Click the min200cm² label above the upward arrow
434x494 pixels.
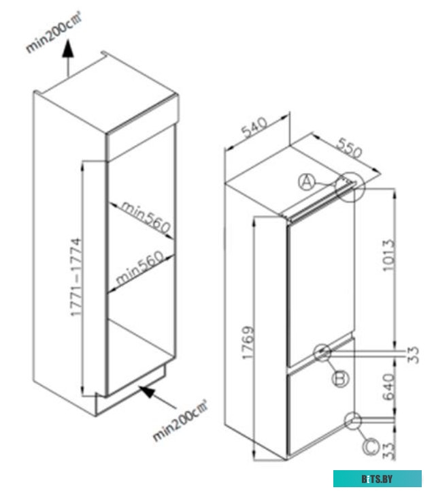(54, 32)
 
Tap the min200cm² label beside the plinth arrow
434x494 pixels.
(180, 420)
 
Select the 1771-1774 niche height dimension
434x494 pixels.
(76, 277)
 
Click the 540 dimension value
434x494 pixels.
(254, 127)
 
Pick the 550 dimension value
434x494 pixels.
(349, 147)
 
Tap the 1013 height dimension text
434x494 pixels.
(388, 255)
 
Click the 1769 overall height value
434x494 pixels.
(248, 342)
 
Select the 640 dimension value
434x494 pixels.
(388, 387)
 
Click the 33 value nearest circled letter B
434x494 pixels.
(413, 355)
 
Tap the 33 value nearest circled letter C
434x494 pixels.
(388, 451)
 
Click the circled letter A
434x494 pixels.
(306, 182)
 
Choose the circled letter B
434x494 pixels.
(341, 378)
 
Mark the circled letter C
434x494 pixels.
(371, 446)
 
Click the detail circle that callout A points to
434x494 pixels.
(350, 187)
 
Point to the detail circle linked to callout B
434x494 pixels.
(322, 352)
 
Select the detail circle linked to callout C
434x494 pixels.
(353, 420)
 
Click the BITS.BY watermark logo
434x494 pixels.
(378, 478)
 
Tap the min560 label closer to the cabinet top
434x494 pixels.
(146, 217)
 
